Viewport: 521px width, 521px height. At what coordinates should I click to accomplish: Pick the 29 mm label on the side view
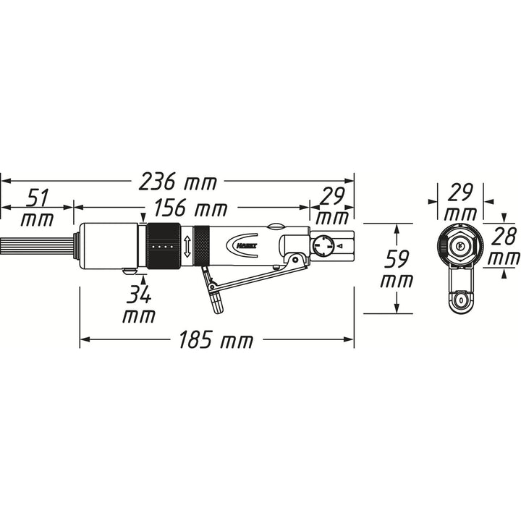(x=332, y=207)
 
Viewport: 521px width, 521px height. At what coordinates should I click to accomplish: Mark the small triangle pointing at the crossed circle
(x=339, y=247)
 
